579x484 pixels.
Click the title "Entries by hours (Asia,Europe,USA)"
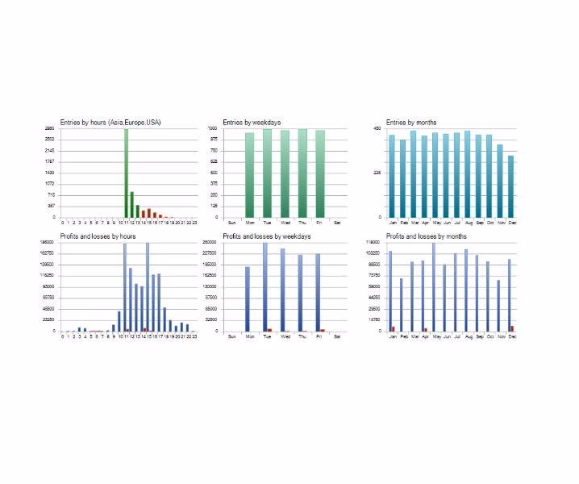pos(110,123)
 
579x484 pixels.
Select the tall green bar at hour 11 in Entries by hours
pos(126,173)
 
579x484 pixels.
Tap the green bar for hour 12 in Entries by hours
pos(131,204)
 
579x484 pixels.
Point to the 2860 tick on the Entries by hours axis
pos(49,129)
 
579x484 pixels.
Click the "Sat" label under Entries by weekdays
pos(337,222)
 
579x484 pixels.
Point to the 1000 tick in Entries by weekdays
pos(213,129)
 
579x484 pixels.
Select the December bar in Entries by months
pos(510,186)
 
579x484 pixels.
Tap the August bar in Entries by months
pos(467,173)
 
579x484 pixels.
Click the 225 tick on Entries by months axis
pos(377,173)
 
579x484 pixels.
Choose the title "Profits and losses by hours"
pos(98,236)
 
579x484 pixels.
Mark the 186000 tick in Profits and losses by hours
pos(48,243)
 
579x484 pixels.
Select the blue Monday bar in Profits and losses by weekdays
pos(248,298)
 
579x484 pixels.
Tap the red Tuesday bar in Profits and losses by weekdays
pos(269,329)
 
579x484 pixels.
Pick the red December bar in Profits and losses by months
pos(512,328)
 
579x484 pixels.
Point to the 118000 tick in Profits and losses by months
pos(373,243)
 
